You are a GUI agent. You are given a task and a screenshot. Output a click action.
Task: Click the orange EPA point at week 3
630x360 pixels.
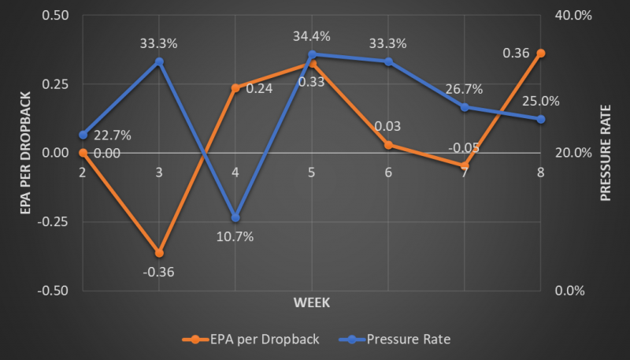pos(159,253)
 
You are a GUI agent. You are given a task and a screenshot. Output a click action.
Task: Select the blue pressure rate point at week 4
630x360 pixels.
pos(235,217)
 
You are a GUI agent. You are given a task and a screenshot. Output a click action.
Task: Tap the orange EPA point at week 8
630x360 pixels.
pos(541,53)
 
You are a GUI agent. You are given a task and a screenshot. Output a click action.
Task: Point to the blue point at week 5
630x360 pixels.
pos(312,54)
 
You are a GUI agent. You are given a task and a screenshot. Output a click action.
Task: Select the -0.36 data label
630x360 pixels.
pos(159,273)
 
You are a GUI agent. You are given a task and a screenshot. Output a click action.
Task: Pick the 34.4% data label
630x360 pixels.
pos(312,36)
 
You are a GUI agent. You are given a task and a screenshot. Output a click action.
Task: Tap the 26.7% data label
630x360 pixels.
pos(465,88)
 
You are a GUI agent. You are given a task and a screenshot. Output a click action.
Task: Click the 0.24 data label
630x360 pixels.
pos(259,89)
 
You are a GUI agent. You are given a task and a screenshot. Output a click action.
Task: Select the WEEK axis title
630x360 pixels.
pos(312,302)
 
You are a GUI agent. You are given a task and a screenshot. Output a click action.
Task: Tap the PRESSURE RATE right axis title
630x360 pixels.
pos(606,152)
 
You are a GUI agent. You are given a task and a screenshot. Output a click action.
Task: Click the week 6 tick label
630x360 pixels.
pos(388,173)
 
